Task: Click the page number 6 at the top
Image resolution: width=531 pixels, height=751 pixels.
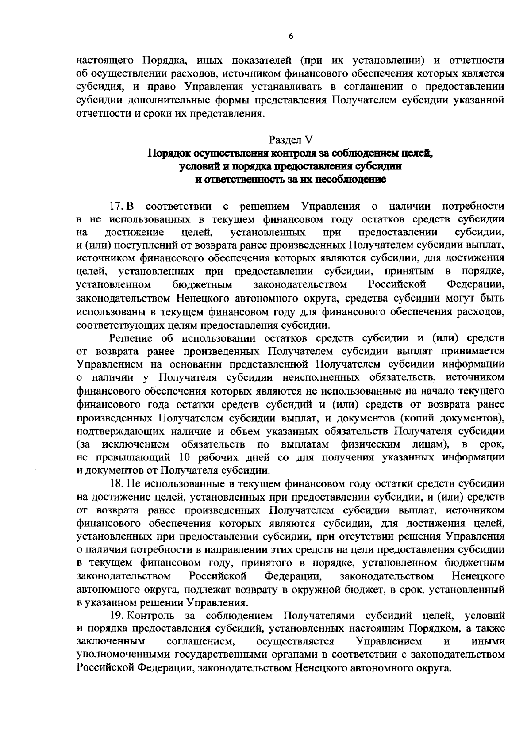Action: (x=291, y=37)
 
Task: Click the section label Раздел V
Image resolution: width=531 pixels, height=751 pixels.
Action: (x=291, y=140)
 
